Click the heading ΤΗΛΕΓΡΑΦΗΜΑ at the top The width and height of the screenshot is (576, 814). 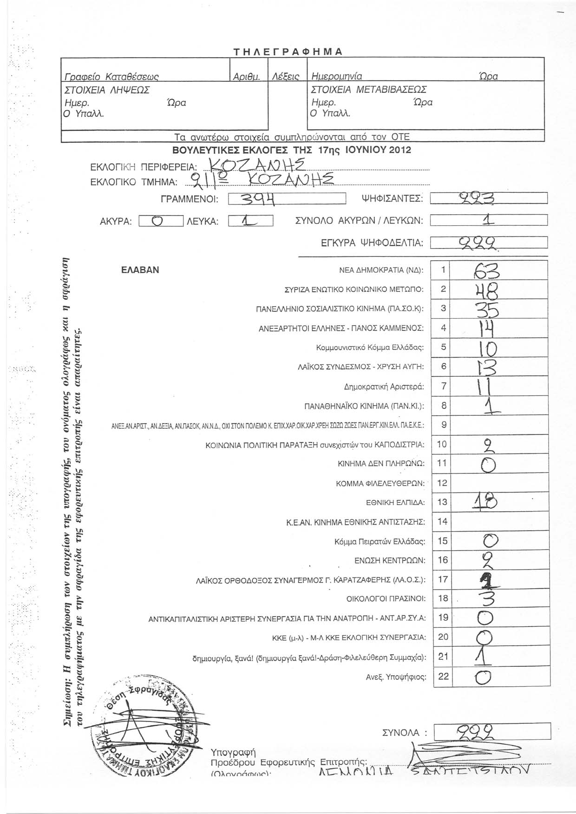288,52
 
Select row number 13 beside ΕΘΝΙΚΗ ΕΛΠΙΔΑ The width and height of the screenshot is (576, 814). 443,502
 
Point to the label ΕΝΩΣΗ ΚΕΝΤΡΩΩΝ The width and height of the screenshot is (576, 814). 390,560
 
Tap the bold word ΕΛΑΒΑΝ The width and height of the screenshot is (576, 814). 140,270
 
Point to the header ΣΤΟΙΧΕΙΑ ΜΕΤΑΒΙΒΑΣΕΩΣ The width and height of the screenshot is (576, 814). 368,89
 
